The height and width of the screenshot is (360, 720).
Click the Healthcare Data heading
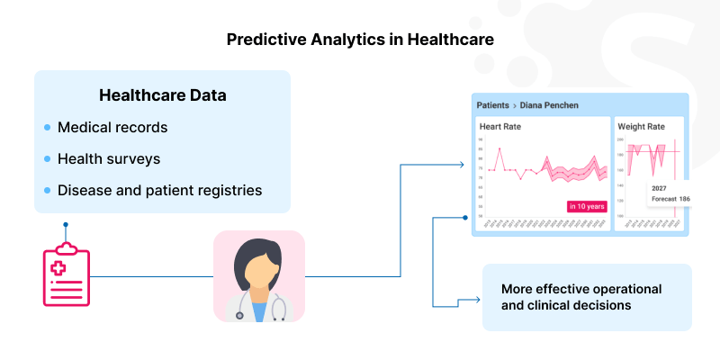click(x=162, y=94)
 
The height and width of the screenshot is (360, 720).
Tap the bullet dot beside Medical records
click(x=48, y=128)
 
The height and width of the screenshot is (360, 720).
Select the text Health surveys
click(x=109, y=158)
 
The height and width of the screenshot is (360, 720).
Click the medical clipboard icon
click(x=66, y=274)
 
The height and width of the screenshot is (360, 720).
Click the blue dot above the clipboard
click(x=66, y=224)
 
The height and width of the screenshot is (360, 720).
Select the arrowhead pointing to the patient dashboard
click(x=462, y=165)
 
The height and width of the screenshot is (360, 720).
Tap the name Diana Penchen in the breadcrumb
click(x=549, y=105)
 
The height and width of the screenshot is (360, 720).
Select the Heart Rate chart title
click(x=500, y=126)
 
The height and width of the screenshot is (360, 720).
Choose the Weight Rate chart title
click(x=641, y=126)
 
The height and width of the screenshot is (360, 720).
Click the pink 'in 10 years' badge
click(x=587, y=206)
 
